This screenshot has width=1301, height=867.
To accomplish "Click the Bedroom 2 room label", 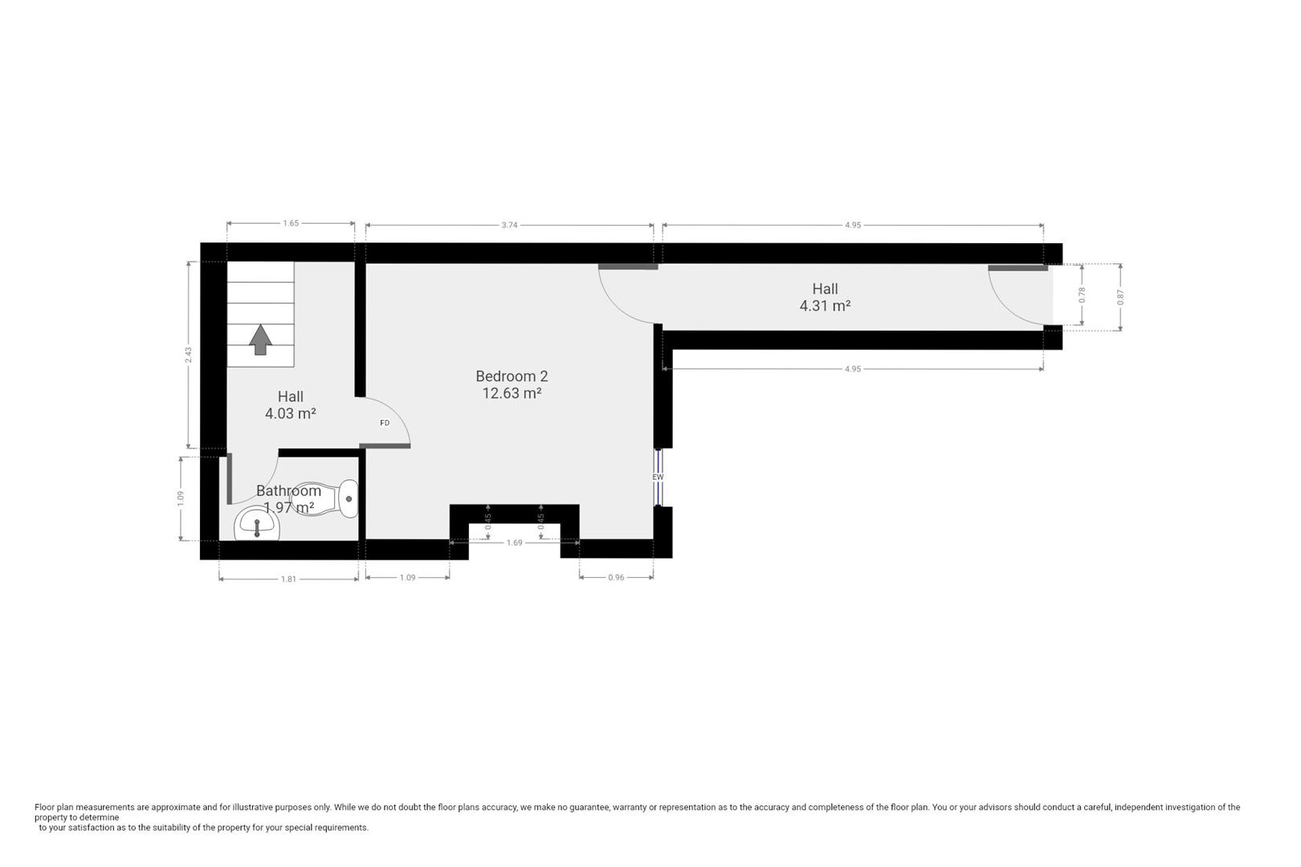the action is [x=512, y=376].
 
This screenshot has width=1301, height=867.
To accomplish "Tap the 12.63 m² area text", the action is [x=512, y=393].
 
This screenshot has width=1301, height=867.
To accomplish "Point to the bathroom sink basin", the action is [x=257, y=527].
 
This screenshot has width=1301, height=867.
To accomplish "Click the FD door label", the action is [x=385, y=423].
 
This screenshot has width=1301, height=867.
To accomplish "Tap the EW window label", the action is [x=658, y=477].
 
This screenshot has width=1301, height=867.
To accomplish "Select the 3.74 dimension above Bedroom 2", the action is [x=509, y=226].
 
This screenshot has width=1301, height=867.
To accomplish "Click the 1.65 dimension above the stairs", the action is [x=291, y=224].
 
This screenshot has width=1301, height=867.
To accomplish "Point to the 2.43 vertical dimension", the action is [x=188, y=354].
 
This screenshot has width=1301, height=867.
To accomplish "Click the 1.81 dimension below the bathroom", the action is [x=288, y=579].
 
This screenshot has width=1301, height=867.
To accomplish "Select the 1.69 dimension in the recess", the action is [x=514, y=543].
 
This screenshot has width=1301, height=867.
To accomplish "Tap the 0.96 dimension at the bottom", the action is [x=616, y=578].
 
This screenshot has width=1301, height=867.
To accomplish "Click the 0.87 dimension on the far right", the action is [x=1120, y=296].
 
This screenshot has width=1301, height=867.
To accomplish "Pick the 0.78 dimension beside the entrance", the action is [x=1082, y=295].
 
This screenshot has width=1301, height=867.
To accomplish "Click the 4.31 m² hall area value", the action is [x=825, y=306].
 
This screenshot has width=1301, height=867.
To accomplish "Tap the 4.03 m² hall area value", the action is [x=290, y=414].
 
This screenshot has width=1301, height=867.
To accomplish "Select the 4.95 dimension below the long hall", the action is [x=852, y=369].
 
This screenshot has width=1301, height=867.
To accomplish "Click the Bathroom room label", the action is [x=288, y=490].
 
